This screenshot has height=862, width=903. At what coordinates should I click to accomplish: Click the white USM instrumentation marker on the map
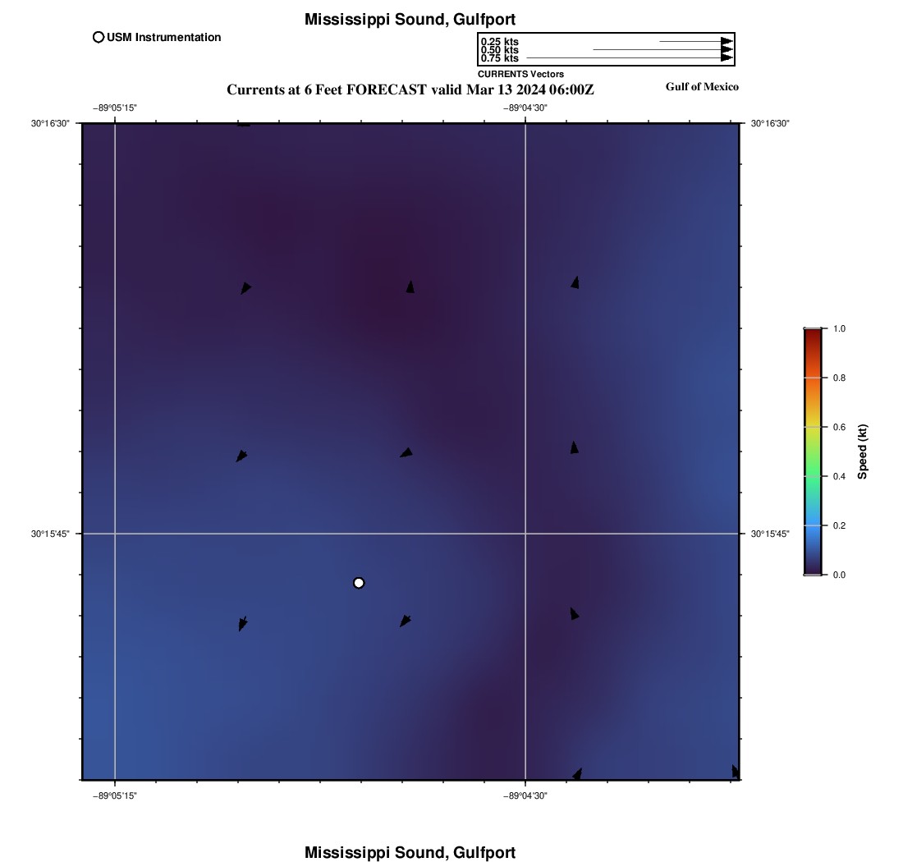pos(359,583)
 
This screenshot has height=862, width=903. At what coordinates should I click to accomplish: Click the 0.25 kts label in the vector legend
pos(499,42)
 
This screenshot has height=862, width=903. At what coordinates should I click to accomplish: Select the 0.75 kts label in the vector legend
pos(499,58)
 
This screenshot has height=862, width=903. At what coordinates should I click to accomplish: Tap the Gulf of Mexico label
pos(702,87)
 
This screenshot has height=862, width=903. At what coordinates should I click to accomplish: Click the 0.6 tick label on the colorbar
pos(839,427)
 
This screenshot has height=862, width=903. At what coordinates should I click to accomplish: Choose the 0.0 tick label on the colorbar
pos(839,575)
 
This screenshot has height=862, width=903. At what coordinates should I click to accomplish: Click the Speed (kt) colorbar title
pos(863,452)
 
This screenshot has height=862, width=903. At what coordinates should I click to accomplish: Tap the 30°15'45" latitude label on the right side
pos(770,534)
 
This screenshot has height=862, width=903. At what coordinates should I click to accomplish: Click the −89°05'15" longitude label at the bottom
pos(115,795)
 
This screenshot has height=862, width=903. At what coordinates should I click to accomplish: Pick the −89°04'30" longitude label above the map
pos(525,108)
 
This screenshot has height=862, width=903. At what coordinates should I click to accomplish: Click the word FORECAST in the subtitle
pos(387,89)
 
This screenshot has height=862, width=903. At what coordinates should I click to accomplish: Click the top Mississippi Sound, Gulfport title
pos(410,19)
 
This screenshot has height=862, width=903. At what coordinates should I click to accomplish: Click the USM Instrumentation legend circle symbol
pos(99,37)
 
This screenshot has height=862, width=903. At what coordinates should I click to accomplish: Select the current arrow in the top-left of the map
pos(245,288)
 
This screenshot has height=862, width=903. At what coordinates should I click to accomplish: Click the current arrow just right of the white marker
pos(406,621)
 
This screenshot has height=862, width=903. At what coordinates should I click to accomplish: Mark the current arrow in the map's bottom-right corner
pos(735,771)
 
